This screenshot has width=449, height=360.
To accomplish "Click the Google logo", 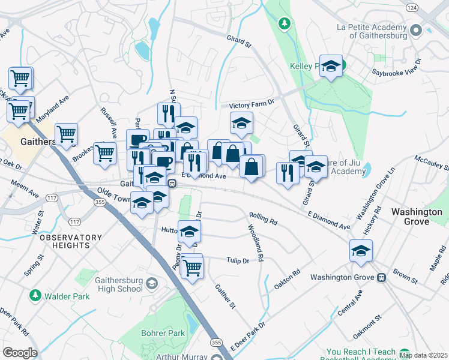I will point(20,352).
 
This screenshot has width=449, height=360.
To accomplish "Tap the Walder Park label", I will point(62,296).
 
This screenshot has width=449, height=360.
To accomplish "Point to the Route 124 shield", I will point(411,7).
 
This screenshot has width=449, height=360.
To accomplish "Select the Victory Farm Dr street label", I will point(247,103).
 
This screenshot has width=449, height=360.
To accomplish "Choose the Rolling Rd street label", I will point(263,217).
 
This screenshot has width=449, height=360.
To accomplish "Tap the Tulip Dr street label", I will point(238,260).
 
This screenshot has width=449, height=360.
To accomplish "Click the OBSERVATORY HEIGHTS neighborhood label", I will point(71,242).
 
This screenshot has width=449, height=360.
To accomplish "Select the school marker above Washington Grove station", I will point(361,251).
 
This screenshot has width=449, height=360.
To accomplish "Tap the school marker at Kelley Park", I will point(330,67).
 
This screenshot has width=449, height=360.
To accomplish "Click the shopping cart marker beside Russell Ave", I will point(105,152).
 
